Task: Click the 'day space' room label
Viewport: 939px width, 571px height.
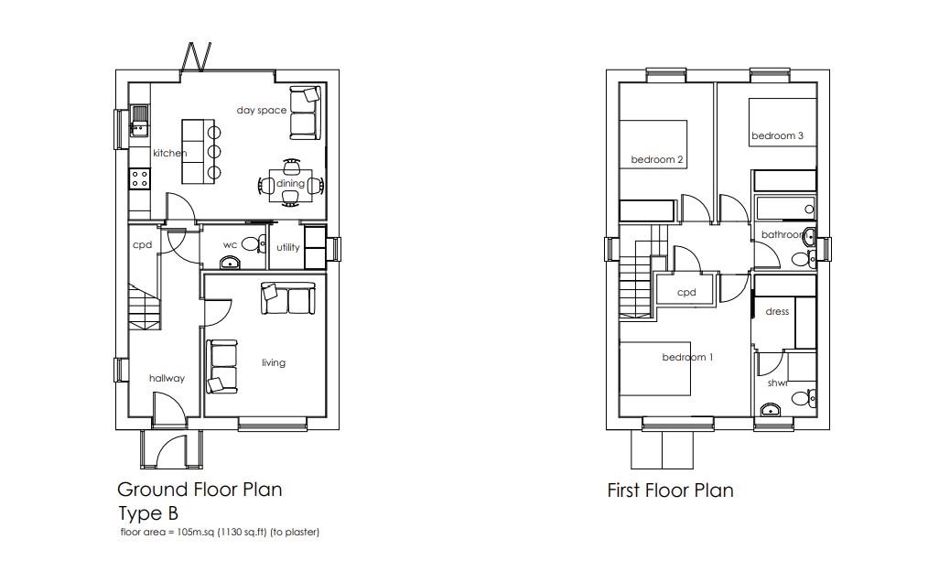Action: (x=261, y=111)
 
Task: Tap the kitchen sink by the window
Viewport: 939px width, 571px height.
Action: (x=139, y=121)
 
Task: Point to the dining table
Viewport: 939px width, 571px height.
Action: (x=290, y=185)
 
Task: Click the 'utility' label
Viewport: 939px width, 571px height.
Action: (x=288, y=247)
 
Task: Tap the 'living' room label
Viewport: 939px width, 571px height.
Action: (x=274, y=362)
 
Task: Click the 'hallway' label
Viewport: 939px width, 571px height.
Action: (x=167, y=378)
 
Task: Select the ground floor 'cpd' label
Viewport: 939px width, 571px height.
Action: (x=142, y=245)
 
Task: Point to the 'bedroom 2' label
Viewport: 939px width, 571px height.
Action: (x=657, y=160)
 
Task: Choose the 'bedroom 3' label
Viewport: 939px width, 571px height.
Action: (x=777, y=135)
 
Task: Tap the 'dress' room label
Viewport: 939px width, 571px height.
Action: (x=777, y=312)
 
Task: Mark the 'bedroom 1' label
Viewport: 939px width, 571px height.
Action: (x=687, y=357)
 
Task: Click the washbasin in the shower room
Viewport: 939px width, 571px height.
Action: (x=770, y=409)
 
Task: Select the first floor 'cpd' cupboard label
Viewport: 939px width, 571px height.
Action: (x=686, y=293)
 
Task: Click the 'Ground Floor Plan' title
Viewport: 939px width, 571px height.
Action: (x=200, y=490)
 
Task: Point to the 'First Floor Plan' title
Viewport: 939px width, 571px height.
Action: (x=670, y=490)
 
